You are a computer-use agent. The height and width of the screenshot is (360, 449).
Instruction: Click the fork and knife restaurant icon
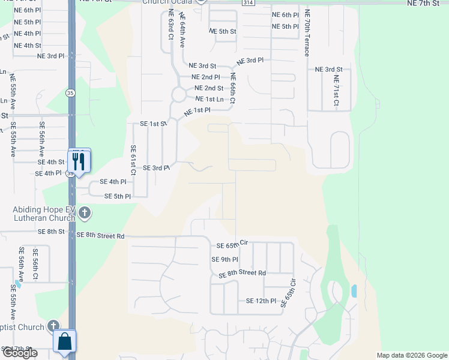(x=79, y=160)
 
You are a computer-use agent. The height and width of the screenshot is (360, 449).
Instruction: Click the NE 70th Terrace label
(x=307, y=34)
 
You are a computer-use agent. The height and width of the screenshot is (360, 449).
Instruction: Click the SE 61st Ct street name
(x=133, y=160)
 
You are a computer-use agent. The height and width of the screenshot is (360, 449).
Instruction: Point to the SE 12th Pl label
(x=261, y=301)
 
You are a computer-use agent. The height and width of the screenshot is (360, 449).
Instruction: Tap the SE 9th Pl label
(x=224, y=260)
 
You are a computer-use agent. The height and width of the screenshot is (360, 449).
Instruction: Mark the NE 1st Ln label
(x=209, y=99)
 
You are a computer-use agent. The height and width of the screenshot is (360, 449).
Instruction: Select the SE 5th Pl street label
(x=118, y=196)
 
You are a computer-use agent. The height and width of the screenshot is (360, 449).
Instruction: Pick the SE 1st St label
(x=152, y=124)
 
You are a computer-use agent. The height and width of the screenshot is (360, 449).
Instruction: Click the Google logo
(x=20, y=353)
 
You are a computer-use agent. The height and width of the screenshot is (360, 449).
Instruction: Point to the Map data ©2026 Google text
(x=412, y=355)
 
